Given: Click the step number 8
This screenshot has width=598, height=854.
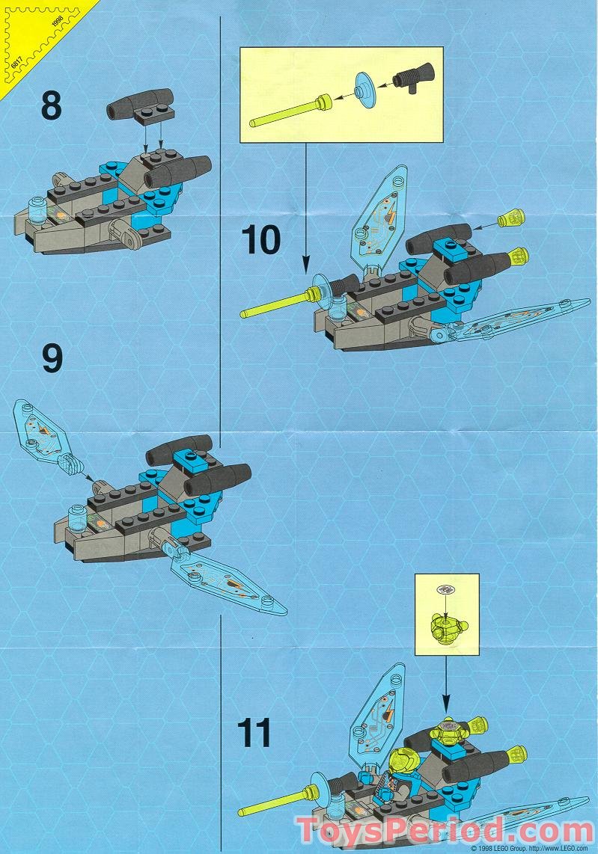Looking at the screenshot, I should pos(51,105).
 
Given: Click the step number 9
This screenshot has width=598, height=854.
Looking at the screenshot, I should pos(52,358).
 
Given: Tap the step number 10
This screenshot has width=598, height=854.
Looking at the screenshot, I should pos(260,240).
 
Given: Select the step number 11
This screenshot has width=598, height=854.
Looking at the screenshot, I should pos(254,734).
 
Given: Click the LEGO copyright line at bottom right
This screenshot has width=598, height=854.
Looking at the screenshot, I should pos(532,849).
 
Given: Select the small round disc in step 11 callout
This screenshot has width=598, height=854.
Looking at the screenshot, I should pos(446,589).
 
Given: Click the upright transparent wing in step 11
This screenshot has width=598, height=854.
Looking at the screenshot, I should pos(378,711).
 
